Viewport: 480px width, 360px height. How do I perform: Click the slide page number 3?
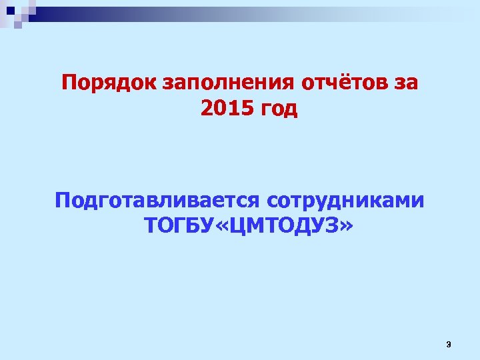(x=448, y=344)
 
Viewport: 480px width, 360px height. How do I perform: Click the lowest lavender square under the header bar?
(x=18, y=25)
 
